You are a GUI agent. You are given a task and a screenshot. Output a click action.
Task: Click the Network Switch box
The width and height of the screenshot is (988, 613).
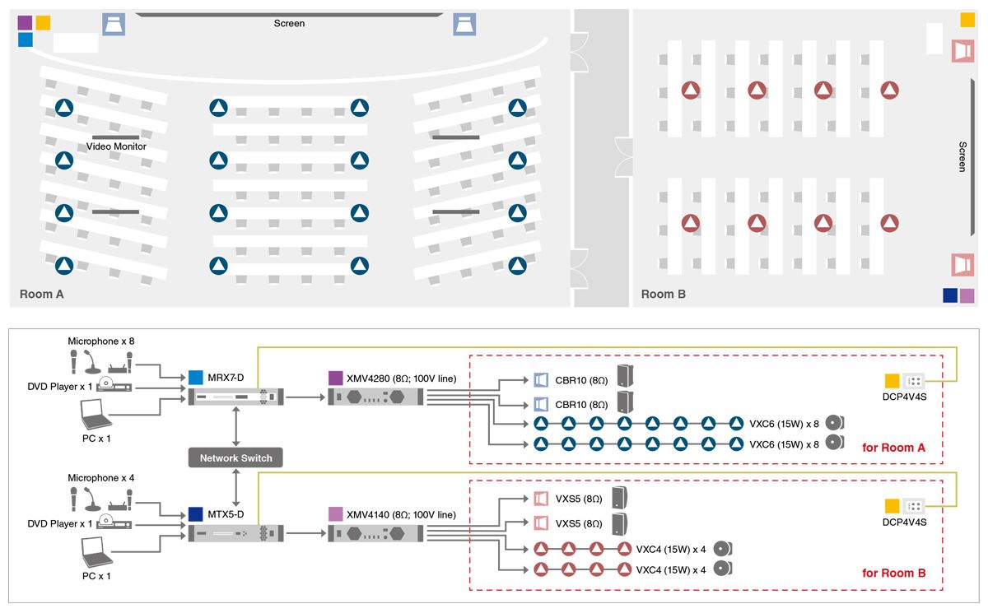pos(235,457)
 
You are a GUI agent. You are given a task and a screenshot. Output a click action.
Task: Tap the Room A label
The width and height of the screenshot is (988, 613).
pos(42,294)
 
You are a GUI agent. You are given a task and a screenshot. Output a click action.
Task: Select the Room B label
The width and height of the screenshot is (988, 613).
pos(664,294)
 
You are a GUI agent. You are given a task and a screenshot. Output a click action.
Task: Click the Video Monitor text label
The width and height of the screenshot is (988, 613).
pos(116,146)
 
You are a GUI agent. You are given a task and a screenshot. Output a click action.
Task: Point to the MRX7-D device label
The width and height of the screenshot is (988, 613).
pos(226,378)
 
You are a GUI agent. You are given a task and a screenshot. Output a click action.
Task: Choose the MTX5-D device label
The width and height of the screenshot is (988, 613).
pos(226,514)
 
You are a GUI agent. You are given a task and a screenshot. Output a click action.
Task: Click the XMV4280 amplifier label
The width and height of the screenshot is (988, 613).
pos(402,378)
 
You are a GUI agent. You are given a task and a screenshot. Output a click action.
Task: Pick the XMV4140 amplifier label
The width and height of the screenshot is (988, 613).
pos(402,515)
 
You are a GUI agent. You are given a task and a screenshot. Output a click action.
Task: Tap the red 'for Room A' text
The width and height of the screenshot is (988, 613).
pos(893,448)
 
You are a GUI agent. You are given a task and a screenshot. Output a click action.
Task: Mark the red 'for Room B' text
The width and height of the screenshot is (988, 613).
pos(893,573)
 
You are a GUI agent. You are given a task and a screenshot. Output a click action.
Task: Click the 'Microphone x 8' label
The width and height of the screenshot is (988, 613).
pos(101,341)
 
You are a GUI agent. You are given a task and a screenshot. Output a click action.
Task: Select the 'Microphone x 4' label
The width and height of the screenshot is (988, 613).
pos(101,478)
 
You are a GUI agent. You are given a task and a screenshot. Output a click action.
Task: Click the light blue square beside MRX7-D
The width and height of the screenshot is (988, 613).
pos(196,378)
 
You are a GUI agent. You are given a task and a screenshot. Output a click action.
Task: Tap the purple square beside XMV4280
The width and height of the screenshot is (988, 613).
pos(336,378)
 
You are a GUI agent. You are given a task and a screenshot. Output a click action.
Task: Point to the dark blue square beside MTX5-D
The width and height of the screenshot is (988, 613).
pos(196,514)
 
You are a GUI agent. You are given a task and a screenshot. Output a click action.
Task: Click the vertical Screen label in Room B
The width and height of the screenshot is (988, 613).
pos(962,156)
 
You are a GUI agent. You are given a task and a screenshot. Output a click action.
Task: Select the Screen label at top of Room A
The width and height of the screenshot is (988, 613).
pos(289,23)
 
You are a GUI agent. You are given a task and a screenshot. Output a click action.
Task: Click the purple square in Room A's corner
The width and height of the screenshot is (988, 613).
pos(26,22)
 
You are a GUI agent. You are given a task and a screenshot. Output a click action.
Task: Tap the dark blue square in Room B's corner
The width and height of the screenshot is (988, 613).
pos(950,295)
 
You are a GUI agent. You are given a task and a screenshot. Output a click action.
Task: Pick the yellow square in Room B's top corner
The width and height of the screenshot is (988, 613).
pos(967,20)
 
